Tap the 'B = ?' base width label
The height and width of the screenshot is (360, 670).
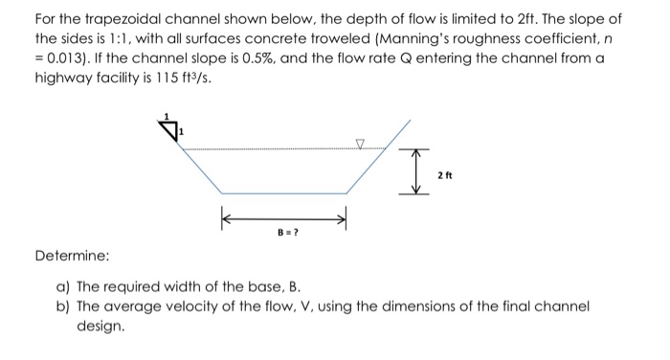[x=284, y=232]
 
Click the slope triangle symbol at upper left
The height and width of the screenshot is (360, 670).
[x=169, y=129]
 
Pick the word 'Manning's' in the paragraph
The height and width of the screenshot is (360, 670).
[x=415, y=39]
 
